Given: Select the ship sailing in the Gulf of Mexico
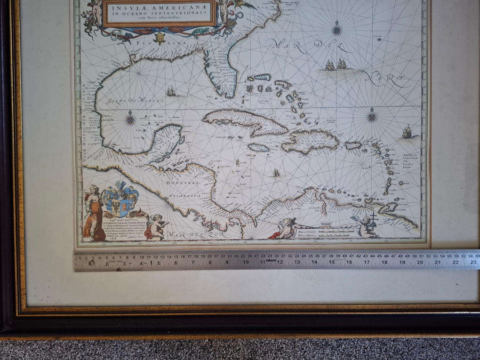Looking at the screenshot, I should [171, 91].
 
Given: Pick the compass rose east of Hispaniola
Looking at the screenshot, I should [372, 115].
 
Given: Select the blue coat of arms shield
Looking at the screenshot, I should [121, 200].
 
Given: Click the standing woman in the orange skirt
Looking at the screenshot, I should [93, 214].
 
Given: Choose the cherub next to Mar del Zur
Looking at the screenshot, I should [156, 226].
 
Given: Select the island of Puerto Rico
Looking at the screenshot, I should [353, 145].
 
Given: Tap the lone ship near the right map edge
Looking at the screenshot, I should [407, 132].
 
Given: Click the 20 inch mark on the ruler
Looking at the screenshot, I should [420, 263].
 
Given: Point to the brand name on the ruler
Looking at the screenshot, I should [270, 259].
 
